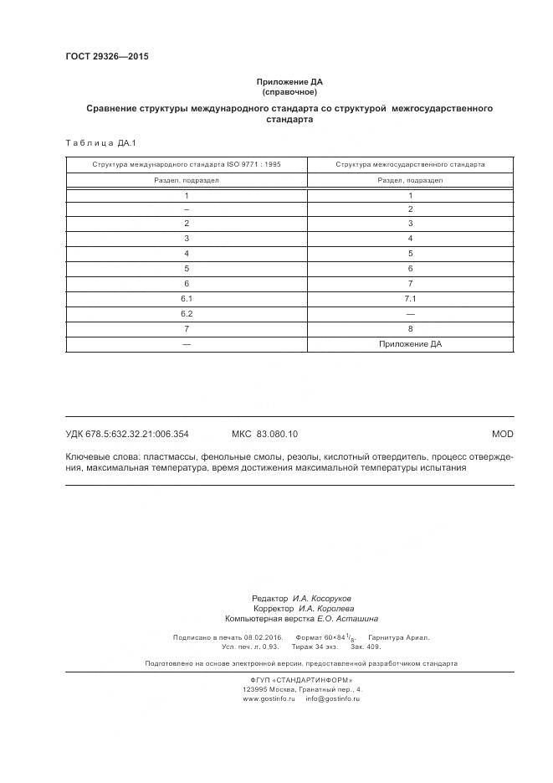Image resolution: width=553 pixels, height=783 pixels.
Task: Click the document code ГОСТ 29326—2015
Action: pyautogui.click(x=106, y=56)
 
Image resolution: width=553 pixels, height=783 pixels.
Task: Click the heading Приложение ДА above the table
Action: pyautogui.click(x=289, y=82)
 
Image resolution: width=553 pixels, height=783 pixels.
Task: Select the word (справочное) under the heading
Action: pyautogui.click(x=289, y=92)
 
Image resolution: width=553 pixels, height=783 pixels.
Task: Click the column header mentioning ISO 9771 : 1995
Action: pyautogui.click(x=187, y=165)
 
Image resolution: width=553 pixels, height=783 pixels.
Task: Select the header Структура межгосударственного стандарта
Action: pyautogui.click(x=410, y=165)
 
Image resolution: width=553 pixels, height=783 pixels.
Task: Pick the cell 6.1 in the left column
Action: pyautogui.click(x=187, y=298)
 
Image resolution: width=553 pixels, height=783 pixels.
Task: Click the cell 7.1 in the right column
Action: pyautogui.click(x=410, y=298)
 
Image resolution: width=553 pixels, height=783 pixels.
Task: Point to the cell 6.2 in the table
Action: pyautogui.click(x=187, y=313)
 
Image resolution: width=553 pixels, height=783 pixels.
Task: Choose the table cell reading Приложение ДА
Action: pyautogui.click(x=410, y=343)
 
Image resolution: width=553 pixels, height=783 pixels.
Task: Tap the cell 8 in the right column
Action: pyautogui.click(x=410, y=328)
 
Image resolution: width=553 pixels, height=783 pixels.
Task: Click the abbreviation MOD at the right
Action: pyautogui.click(x=503, y=434)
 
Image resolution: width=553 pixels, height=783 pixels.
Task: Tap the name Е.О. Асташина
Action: pyautogui.click(x=347, y=619)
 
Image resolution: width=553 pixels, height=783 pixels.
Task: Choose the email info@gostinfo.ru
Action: pyautogui.click(x=332, y=698)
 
